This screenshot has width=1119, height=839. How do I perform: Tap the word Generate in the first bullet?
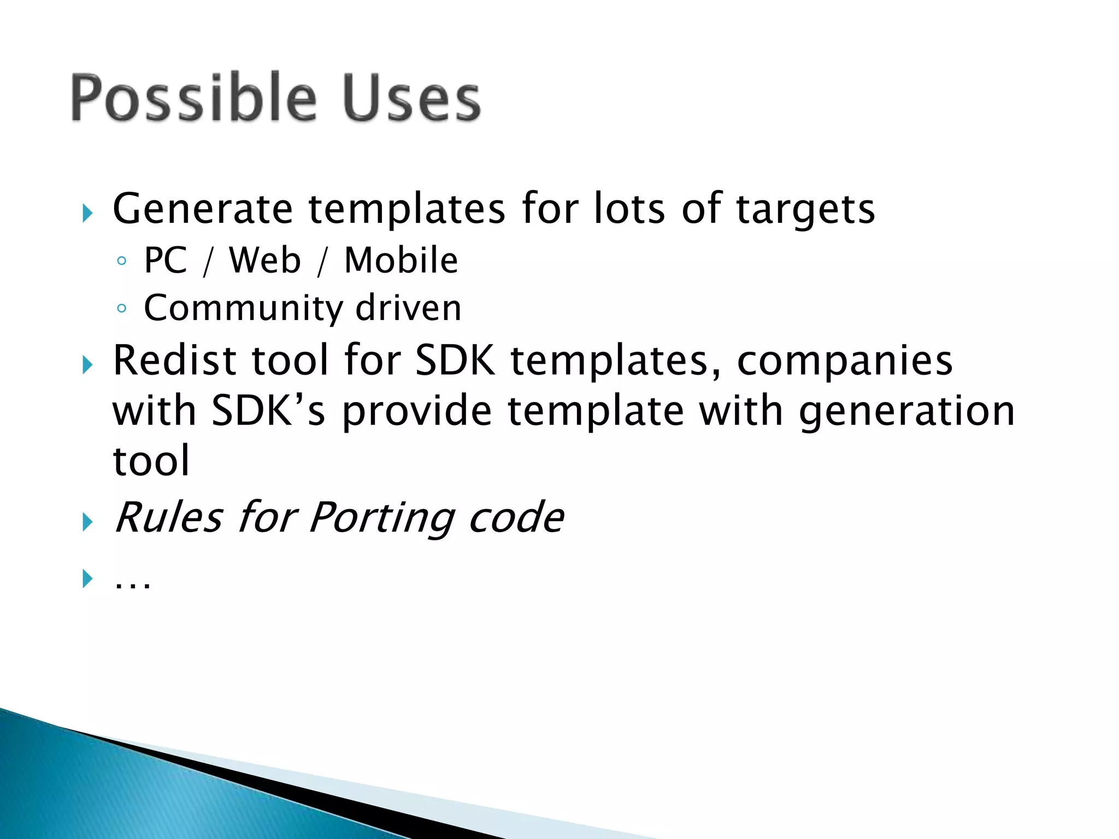203,209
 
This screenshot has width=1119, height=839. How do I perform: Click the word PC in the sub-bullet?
165,261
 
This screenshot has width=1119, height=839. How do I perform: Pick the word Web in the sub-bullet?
265,261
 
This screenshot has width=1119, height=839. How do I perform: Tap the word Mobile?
401,261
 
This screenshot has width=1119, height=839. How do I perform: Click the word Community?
243,309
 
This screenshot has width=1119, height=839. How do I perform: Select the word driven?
409,309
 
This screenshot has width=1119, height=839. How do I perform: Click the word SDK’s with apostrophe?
268,411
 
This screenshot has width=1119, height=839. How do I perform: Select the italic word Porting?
381,517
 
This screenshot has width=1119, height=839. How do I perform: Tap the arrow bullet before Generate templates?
87,213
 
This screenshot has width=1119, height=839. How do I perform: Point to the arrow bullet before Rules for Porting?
87,522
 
